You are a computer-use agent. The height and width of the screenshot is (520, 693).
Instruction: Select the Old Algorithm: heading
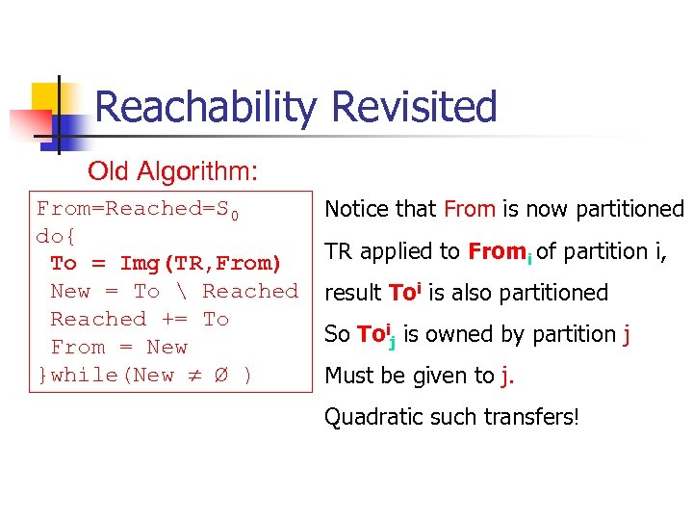coord(172,171)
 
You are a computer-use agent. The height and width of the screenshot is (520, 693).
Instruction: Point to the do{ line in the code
coord(56,236)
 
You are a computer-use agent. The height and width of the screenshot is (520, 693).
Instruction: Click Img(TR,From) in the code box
coord(200,264)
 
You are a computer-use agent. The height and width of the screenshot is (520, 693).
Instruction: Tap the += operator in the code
coord(174,319)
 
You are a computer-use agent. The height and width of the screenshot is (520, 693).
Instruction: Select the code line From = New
coord(118,347)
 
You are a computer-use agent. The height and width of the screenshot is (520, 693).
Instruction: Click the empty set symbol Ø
coord(222,376)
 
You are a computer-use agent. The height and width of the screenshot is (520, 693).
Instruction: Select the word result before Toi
coord(353,293)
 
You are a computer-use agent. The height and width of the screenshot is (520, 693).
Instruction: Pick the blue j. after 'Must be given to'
coord(507,377)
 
